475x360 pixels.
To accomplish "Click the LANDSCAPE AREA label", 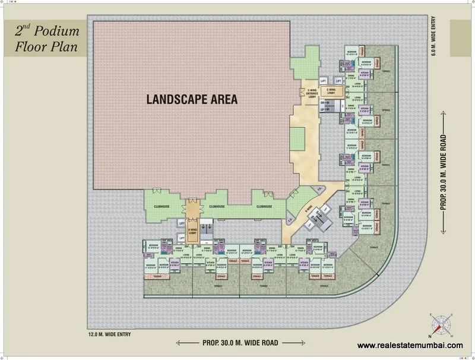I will [x=192, y=100].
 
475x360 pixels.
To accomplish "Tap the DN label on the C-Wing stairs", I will [x=323, y=102].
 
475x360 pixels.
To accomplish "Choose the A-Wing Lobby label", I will [x=192, y=227].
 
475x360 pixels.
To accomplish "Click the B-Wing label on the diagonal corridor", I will [x=308, y=210].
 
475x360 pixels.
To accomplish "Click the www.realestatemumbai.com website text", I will [x=410, y=346].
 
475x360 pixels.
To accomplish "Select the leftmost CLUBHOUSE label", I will [x=162, y=206].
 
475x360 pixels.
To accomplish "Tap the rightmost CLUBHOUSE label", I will [x=264, y=206].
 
